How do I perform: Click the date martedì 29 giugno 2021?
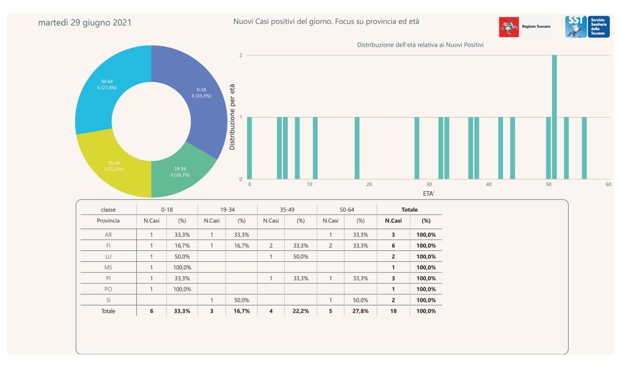click(84, 23)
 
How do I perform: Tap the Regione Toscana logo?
click(524, 27)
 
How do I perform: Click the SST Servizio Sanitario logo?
click(587, 27)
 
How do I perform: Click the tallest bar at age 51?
click(555, 117)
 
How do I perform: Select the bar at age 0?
click(249, 148)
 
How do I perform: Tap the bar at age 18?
click(357, 148)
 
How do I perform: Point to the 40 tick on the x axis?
click(489, 184)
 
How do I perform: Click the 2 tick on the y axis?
click(241, 55)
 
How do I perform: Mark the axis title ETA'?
click(429, 193)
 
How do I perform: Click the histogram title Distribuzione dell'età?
click(420, 45)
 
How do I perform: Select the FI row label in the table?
click(108, 246)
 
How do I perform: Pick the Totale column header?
click(409, 210)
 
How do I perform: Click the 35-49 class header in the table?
click(287, 210)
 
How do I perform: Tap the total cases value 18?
click(393, 311)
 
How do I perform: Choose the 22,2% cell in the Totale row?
click(301, 311)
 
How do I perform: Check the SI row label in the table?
click(108, 301)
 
